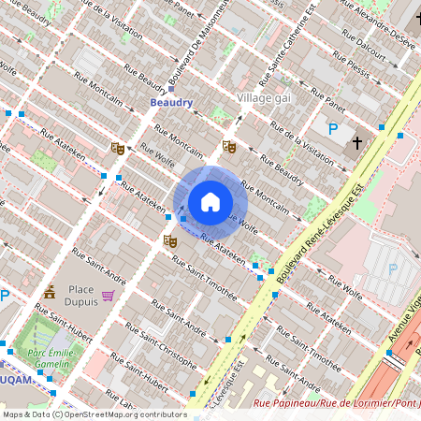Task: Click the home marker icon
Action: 210,201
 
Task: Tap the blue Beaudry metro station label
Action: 171,103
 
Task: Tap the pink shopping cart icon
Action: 109,296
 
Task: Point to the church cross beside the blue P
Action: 356,143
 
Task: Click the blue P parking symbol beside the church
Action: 331,129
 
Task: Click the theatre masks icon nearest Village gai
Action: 228,147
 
